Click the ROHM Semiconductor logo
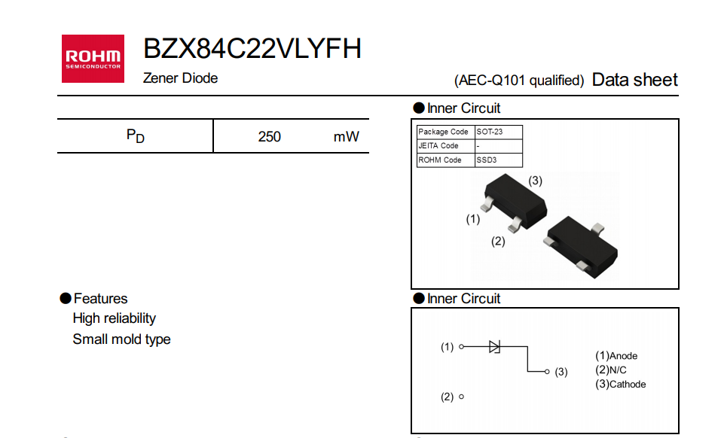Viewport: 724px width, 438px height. [93, 58]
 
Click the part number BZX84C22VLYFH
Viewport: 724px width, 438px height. [252, 49]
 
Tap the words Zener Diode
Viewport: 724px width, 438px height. [181, 78]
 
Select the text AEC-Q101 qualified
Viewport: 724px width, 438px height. [519, 81]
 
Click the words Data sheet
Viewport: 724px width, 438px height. [634, 80]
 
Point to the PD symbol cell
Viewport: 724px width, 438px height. [136, 136]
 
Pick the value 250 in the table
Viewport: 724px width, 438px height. [269, 136]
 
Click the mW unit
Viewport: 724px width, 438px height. [347, 136]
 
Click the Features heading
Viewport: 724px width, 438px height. [101, 299]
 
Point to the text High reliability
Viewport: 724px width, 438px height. [115, 318]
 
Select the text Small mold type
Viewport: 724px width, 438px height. [122, 339]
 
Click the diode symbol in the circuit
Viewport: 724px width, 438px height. [494, 347]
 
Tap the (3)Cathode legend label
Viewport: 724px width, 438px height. [621, 384]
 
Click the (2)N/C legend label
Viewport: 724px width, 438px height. [611, 370]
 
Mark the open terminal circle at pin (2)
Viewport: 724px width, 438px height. [461, 397]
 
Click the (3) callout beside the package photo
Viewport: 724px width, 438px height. [535, 181]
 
